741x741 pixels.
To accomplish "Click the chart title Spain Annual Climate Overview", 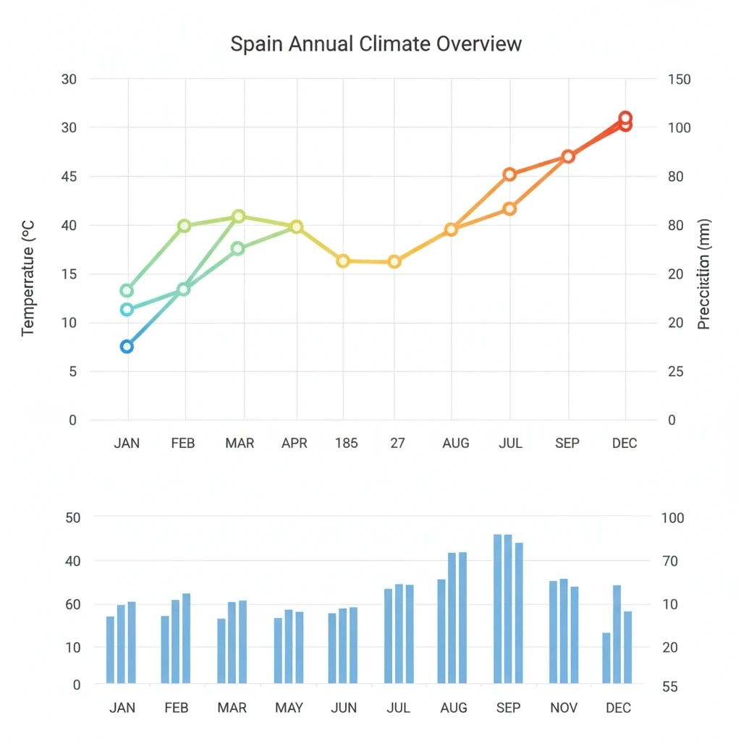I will [x=376, y=43].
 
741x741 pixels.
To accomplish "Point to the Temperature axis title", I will [x=28, y=278].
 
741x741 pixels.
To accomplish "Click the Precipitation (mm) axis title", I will [x=704, y=274].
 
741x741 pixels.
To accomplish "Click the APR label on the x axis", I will [x=295, y=443].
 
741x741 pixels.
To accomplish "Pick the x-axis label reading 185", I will [x=346, y=443].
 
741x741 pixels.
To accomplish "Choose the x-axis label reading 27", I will [x=397, y=443].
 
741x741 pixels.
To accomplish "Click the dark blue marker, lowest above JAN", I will [x=127, y=347].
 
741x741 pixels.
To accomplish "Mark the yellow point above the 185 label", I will [x=343, y=261].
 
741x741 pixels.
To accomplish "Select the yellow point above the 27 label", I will [x=394, y=261].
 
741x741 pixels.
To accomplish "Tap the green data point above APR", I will [x=296, y=227].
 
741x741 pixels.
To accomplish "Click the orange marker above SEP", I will [x=568, y=156].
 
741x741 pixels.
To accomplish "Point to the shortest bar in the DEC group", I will [x=606, y=658].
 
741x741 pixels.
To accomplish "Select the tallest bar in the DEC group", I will [x=617, y=634].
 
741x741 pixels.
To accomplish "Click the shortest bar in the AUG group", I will [x=441, y=631].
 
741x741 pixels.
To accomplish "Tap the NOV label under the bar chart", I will [x=564, y=708].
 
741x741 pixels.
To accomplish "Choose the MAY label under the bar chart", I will [x=289, y=708].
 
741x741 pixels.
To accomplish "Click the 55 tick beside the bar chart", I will [x=669, y=687].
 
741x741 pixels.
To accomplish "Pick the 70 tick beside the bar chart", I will [x=669, y=561].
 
